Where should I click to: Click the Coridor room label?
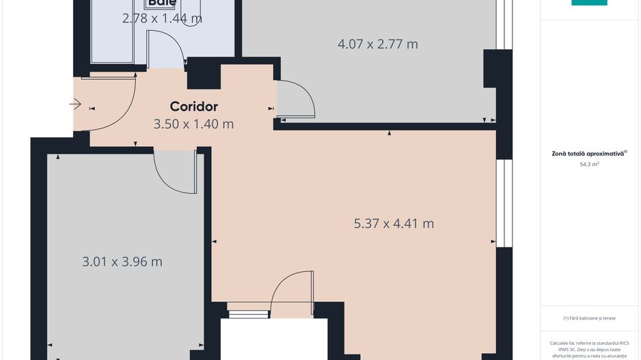pos(193,107)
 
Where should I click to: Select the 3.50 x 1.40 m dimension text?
pos(193,124)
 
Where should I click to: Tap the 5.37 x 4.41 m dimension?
pos(394,223)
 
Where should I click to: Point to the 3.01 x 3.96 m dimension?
pos(122,262)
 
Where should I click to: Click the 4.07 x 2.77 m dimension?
pos(378,44)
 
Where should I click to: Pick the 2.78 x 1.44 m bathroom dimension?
pos(162,18)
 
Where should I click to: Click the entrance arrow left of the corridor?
pos(75,105)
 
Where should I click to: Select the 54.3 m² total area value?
pos(589,165)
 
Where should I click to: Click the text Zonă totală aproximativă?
pos(589,154)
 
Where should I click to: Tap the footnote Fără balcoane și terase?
pos(589,318)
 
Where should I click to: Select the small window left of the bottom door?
pos(239,314)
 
